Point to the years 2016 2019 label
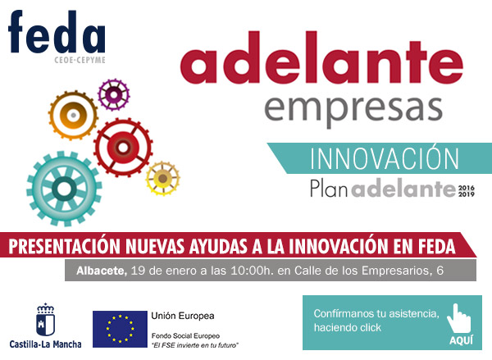point(467,189)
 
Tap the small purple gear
point(114,94)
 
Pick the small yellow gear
point(162,178)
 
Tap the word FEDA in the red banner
point(435,246)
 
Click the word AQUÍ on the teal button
point(461,340)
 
